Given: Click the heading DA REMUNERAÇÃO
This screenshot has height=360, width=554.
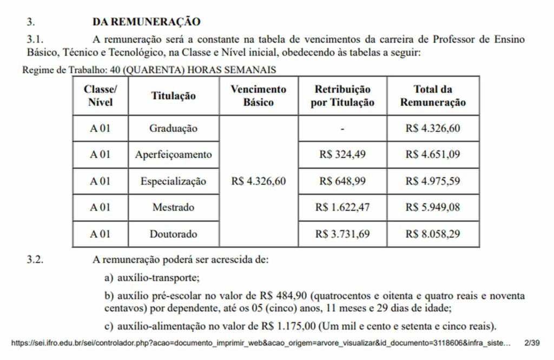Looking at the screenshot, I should coord(146,22).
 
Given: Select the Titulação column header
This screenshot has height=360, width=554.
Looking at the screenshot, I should coord(173,96).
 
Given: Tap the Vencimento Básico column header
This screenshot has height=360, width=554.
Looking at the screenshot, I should coord(258,96).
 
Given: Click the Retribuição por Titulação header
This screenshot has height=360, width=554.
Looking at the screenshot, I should coord(342,96).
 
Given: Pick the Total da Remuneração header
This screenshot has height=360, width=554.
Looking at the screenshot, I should coord(433,96).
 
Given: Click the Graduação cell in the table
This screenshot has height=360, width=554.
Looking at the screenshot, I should coord(173,129).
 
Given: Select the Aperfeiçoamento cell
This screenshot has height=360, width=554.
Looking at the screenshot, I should coord(173,155).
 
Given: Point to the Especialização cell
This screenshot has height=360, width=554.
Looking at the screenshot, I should coord(173,181).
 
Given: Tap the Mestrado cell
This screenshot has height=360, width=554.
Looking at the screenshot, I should coord(173,208).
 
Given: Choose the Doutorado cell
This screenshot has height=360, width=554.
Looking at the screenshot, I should coord(173,234).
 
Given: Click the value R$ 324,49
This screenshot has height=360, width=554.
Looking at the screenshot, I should coord(342,155).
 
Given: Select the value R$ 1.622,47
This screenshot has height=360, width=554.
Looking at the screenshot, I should coord(342,208).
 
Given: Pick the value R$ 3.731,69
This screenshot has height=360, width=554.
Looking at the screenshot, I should coord(342,234).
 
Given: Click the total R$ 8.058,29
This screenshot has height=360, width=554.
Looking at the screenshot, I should coord(433,234).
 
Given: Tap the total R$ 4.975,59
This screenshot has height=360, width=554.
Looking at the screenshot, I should coord(433,181).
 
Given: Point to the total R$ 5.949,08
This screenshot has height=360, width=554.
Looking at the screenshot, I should coord(433,208).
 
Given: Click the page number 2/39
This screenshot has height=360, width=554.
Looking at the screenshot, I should coord(532,343).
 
